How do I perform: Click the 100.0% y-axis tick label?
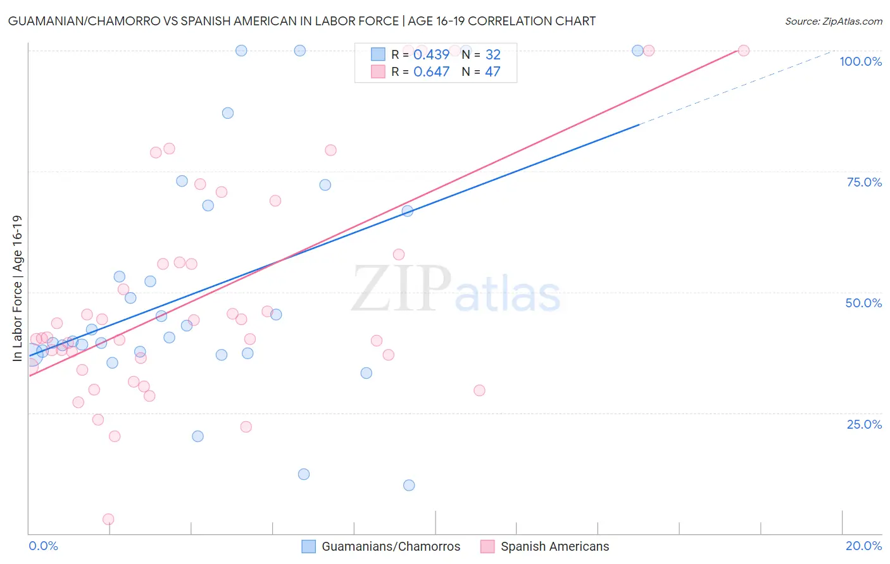pyautogui.click(x=860, y=61)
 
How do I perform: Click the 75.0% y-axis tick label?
pyautogui.click(x=864, y=182)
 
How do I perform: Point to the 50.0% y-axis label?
pyautogui.click(x=863, y=303)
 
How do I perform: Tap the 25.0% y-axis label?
pyautogui.click(x=864, y=424)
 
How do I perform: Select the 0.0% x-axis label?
pyautogui.click(x=43, y=546)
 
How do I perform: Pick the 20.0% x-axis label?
pyautogui.click(x=863, y=546)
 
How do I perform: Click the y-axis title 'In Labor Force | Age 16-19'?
pyautogui.click(x=17, y=288)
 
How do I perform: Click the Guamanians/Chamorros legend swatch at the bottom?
pyautogui.click(x=308, y=546)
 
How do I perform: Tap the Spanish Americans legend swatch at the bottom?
pyautogui.click(x=487, y=546)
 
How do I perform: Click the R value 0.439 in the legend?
pyautogui.click(x=431, y=54)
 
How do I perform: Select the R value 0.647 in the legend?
pyautogui.click(x=431, y=72)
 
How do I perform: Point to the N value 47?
pyautogui.click(x=492, y=72)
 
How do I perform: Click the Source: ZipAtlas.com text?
pyautogui.click(x=833, y=21)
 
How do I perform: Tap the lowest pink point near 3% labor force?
pyautogui.click(x=108, y=519)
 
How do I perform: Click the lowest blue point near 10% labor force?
pyautogui.click(x=409, y=485)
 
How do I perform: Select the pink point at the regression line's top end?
pyautogui.click(x=744, y=51)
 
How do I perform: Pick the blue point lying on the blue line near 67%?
pyautogui.click(x=408, y=211)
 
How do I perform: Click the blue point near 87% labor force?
pyautogui.click(x=228, y=113)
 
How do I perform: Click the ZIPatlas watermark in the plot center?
pyautogui.click(x=456, y=290)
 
